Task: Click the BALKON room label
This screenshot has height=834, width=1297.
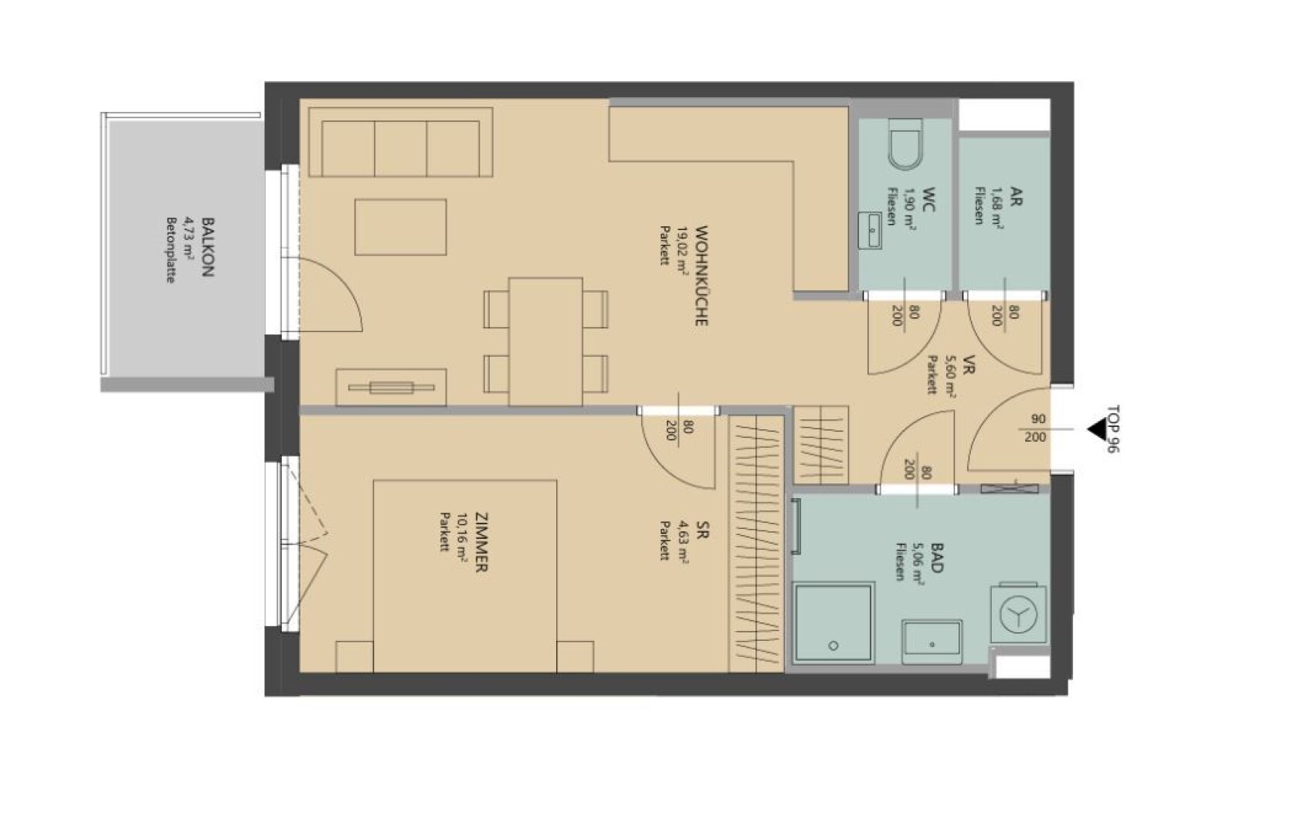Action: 207,247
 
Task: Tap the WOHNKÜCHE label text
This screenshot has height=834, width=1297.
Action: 701,276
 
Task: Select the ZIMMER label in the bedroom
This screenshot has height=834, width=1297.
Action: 481,542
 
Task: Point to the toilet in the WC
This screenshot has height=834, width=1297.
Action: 905,144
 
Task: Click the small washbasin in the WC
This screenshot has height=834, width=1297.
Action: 870,230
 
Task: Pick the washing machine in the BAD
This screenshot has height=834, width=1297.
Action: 1018,613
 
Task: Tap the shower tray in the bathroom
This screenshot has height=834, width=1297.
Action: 833,622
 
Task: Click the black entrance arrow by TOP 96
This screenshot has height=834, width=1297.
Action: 1097,430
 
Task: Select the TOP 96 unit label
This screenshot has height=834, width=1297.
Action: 1112,429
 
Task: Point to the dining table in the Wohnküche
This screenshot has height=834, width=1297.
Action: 545,341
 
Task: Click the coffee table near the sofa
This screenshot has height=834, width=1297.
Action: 401,227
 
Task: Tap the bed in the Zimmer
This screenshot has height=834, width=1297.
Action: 465,576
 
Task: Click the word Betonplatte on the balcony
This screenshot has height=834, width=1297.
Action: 170,250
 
